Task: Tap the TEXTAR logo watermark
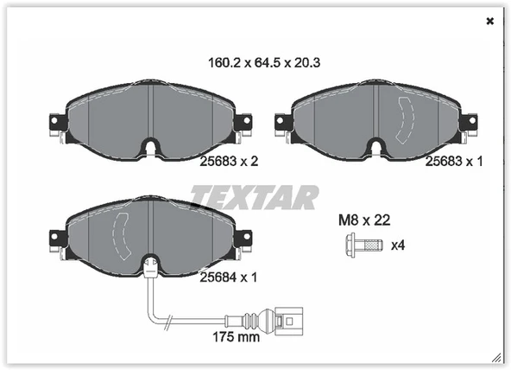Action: [255, 198]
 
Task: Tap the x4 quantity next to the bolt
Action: [398, 246]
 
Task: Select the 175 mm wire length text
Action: [237, 337]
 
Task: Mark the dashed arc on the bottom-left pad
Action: [123, 234]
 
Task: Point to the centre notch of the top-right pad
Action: [377, 148]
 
